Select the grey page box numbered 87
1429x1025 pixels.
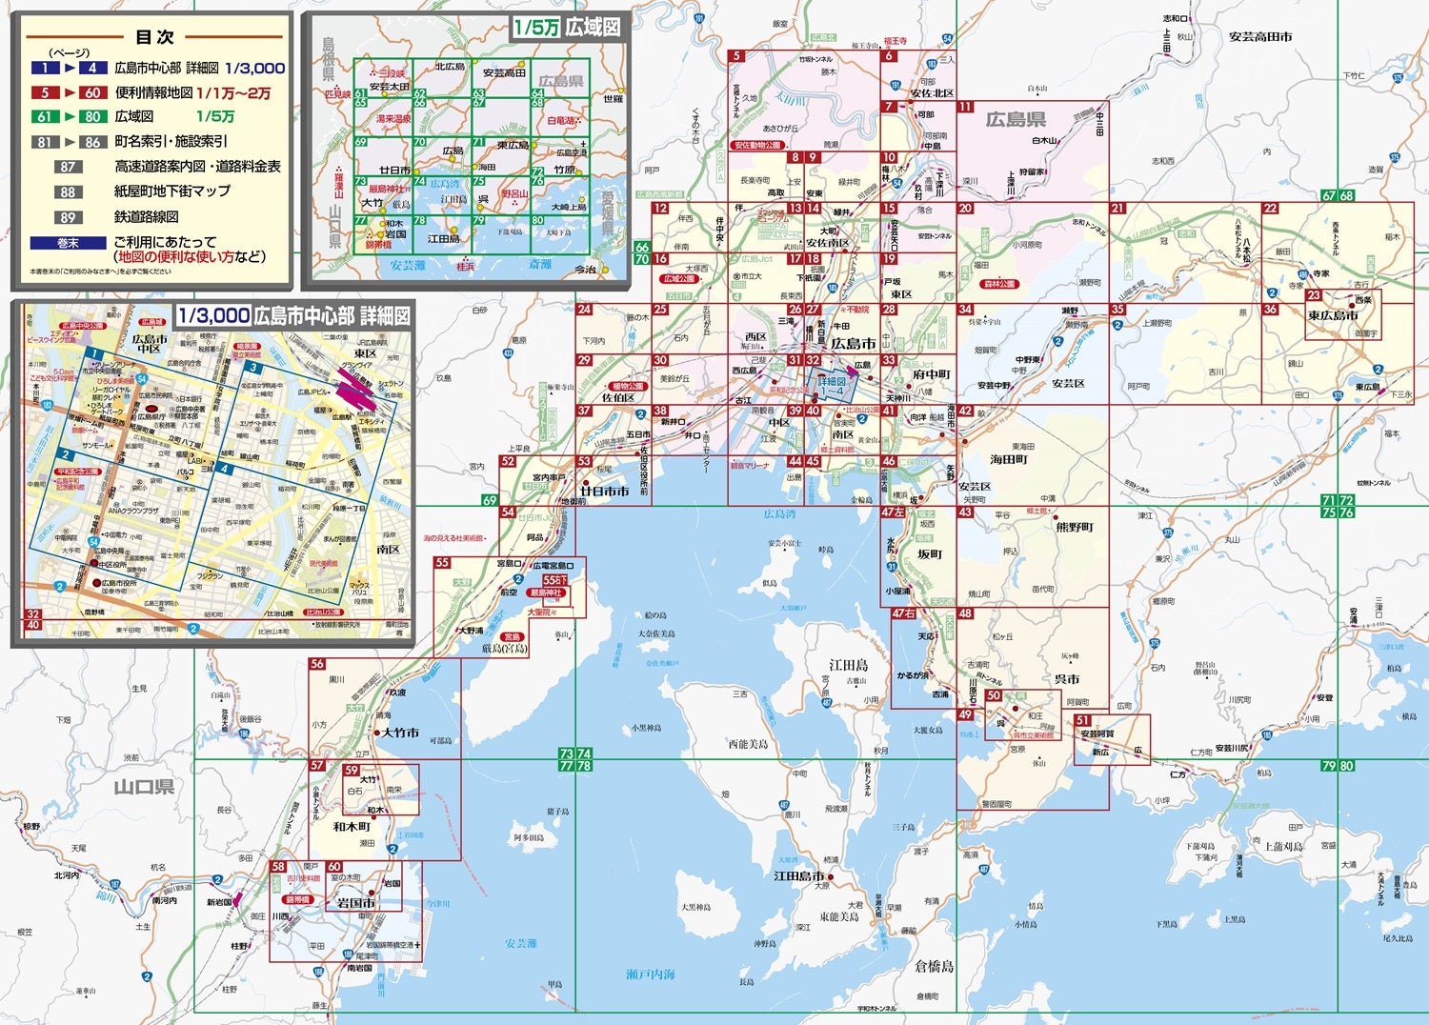(x=68, y=167)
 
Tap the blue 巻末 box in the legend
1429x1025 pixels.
(x=68, y=244)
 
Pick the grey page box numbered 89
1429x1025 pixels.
(x=68, y=217)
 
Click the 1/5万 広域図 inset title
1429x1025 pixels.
(x=567, y=27)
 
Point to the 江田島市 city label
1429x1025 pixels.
(x=798, y=875)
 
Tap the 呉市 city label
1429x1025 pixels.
(x=1067, y=679)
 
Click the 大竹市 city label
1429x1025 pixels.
(x=400, y=733)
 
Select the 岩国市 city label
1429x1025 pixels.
(x=355, y=902)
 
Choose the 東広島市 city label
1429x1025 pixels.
(x=1333, y=315)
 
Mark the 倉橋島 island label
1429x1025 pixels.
(x=934, y=966)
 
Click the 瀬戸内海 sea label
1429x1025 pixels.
(x=651, y=975)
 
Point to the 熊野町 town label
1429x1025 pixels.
(x=1075, y=527)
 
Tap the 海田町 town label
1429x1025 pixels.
(x=1008, y=459)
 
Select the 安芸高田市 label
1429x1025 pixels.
(x=1259, y=36)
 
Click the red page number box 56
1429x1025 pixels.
(x=317, y=664)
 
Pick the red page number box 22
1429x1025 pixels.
(x=1270, y=209)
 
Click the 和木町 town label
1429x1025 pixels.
(x=352, y=827)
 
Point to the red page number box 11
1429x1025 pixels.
(x=965, y=108)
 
